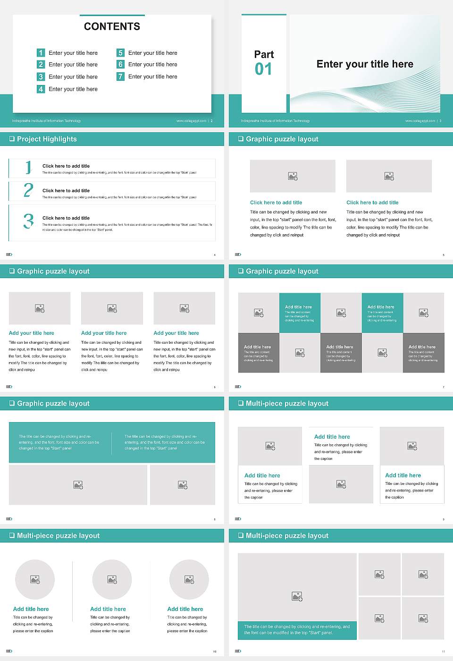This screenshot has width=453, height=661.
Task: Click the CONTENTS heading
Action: click(112, 26)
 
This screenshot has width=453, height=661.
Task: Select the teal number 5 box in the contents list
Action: click(120, 53)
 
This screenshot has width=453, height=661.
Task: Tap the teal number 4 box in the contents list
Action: click(41, 89)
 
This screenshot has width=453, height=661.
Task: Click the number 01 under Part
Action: click(263, 69)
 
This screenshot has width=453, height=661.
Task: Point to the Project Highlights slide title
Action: click(47, 139)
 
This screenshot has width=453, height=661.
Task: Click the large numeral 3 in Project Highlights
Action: click(28, 221)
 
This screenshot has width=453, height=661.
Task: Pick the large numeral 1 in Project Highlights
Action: click(28, 167)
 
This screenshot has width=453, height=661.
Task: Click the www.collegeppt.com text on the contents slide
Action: click(191, 121)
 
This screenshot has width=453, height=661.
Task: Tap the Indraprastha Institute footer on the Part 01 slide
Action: click(275, 121)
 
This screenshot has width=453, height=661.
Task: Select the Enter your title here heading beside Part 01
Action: click(365, 64)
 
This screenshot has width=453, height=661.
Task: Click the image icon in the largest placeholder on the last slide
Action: click(297, 597)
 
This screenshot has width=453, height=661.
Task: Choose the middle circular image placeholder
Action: click(112, 579)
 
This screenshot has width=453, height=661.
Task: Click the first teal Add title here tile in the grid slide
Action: click(300, 313)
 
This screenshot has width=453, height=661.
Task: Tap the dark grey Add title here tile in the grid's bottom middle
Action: click(341, 353)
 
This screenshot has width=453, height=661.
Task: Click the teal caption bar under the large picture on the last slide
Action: click(297, 630)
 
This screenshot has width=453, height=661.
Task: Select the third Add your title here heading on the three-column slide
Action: click(176, 333)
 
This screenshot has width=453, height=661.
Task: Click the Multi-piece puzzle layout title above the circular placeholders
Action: click(58, 535)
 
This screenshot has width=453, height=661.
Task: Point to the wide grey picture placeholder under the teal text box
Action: click(78, 485)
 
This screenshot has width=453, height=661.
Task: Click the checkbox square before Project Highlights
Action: click(12, 139)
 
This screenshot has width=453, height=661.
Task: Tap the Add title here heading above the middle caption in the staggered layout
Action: click(332, 437)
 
